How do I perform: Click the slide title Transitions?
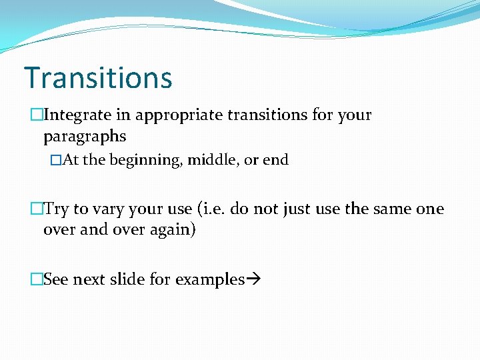98,77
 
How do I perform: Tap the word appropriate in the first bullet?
179,115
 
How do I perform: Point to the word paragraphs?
84,137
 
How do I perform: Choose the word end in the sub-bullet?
275,160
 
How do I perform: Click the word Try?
57,209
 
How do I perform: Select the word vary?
104,209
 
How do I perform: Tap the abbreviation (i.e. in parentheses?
213,209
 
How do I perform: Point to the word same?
391,209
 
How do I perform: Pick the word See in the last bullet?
56,280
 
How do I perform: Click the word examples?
209,280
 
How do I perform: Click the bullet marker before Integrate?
37,115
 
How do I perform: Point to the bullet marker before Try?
37,209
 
